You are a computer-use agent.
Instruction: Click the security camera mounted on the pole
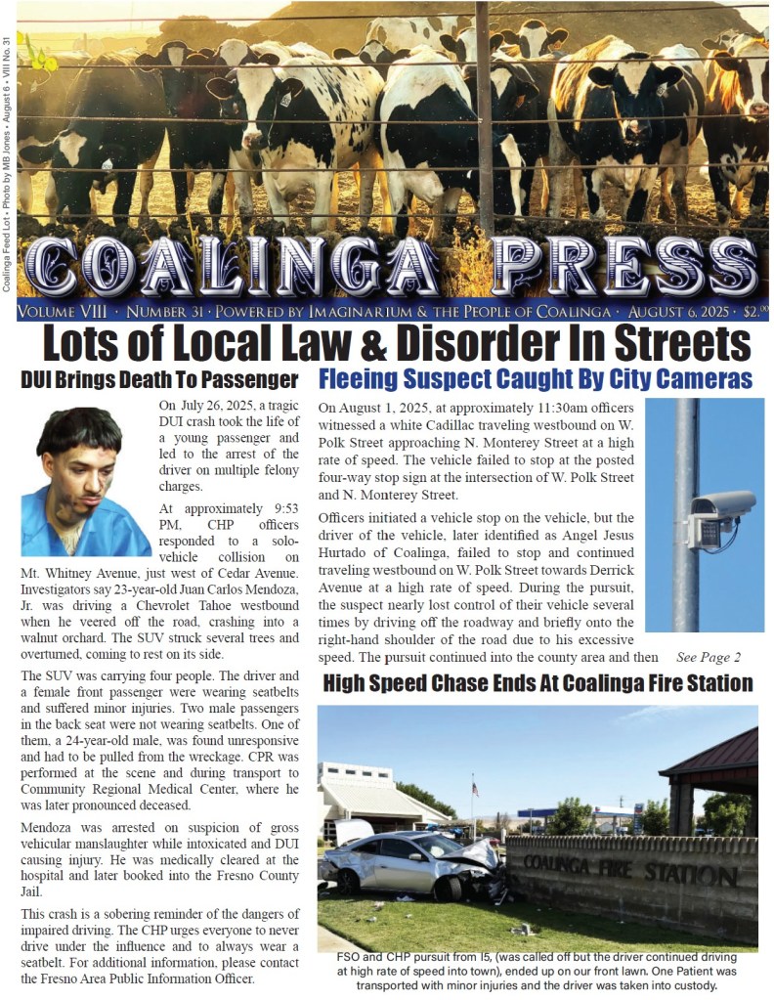click(x=720, y=516)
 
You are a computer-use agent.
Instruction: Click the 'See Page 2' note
click(x=709, y=656)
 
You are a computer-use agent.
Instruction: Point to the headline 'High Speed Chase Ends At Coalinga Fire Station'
click(x=537, y=683)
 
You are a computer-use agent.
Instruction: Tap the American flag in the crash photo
click(x=474, y=787)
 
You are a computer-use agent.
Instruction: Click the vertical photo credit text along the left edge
click(x=8, y=161)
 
